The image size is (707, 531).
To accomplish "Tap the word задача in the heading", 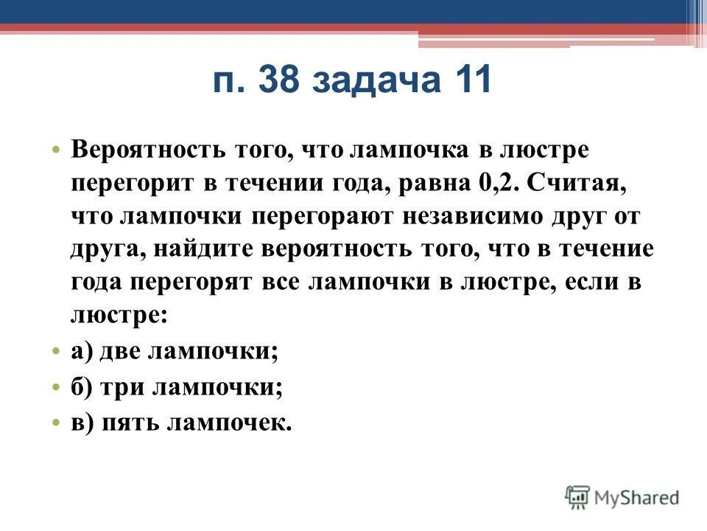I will point(374,82).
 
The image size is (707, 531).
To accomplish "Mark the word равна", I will point(431,182).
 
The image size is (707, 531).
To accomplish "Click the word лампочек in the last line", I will point(230,422).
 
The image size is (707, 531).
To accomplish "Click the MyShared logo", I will point(622,496).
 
